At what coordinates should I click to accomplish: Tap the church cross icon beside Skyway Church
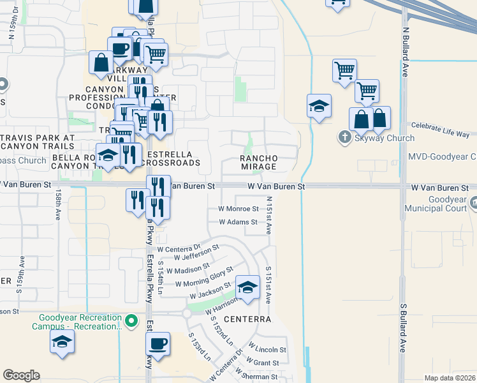pos(344,137)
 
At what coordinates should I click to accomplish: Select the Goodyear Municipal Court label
pos(440,204)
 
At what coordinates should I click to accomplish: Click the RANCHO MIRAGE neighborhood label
pos(258,162)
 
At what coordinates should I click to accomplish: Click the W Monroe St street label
pos(238,209)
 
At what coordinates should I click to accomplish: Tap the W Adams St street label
pos(237,222)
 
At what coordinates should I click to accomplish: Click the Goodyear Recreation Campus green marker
pos(131,320)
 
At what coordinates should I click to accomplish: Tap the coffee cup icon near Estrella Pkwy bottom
pos(158,343)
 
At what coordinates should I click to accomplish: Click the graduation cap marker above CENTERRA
pos(247,287)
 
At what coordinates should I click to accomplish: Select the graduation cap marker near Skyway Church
pos(319,105)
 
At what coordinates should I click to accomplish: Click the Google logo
pos(21,375)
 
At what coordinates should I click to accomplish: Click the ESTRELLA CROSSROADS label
pos(173,159)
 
